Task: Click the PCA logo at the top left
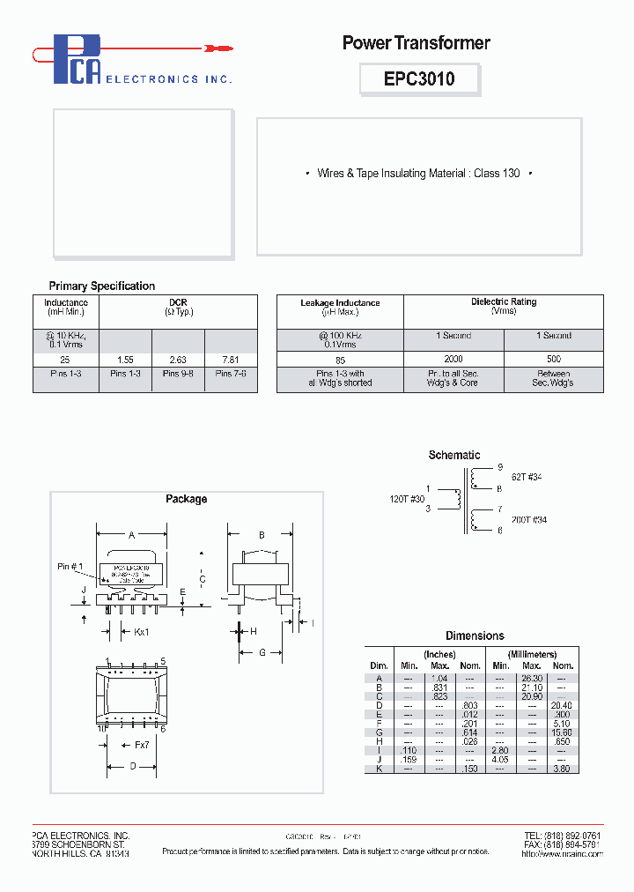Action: (77, 61)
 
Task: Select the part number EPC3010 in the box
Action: (419, 78)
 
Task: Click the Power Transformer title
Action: (416, 42)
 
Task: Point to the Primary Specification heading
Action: (101, 286)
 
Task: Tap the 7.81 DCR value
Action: (231, 360)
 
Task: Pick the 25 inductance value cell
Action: (66, 360)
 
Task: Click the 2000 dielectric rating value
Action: (453, 360)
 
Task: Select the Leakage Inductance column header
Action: (340, 308)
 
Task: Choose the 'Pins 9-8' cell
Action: (178, 374)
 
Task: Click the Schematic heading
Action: (453, 455)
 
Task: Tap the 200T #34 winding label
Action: (528, 520)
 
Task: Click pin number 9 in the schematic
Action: (500, 467)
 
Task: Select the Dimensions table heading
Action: (475, 636)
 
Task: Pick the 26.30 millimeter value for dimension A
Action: (531, 679)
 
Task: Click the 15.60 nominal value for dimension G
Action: (562, 732)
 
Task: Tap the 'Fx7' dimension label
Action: (143, 746)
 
